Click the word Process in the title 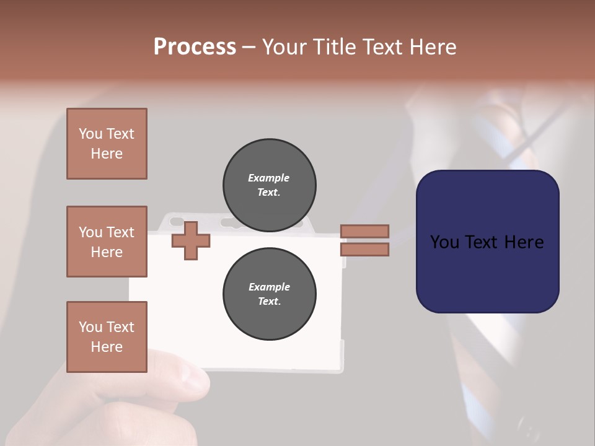195,47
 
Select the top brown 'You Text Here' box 107,144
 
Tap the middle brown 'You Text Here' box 107,242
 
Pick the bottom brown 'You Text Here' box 107,337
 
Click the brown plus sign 190,241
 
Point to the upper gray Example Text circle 269,185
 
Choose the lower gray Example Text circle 269,294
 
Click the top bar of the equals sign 364,231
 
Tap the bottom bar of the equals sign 364,250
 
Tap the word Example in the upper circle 269,178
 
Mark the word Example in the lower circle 269,287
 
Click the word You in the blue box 444,242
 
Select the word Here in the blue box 524,242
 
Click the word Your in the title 284,47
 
